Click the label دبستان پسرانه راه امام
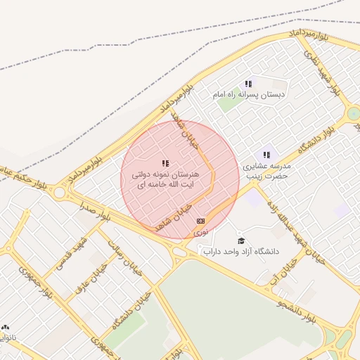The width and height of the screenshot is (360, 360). tap(246, 94)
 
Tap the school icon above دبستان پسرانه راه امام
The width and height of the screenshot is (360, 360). tap(248, 84)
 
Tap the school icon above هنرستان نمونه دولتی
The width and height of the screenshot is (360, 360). tap(165, 164)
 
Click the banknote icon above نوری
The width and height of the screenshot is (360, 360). tap(201, 220)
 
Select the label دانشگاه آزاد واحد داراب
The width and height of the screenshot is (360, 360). tap(241, 251)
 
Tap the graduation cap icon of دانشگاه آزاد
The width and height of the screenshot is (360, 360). tap(241, 240)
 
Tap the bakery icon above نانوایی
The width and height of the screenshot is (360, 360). tap(6, 328)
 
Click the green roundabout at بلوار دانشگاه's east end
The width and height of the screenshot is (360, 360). tap(354, 113)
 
